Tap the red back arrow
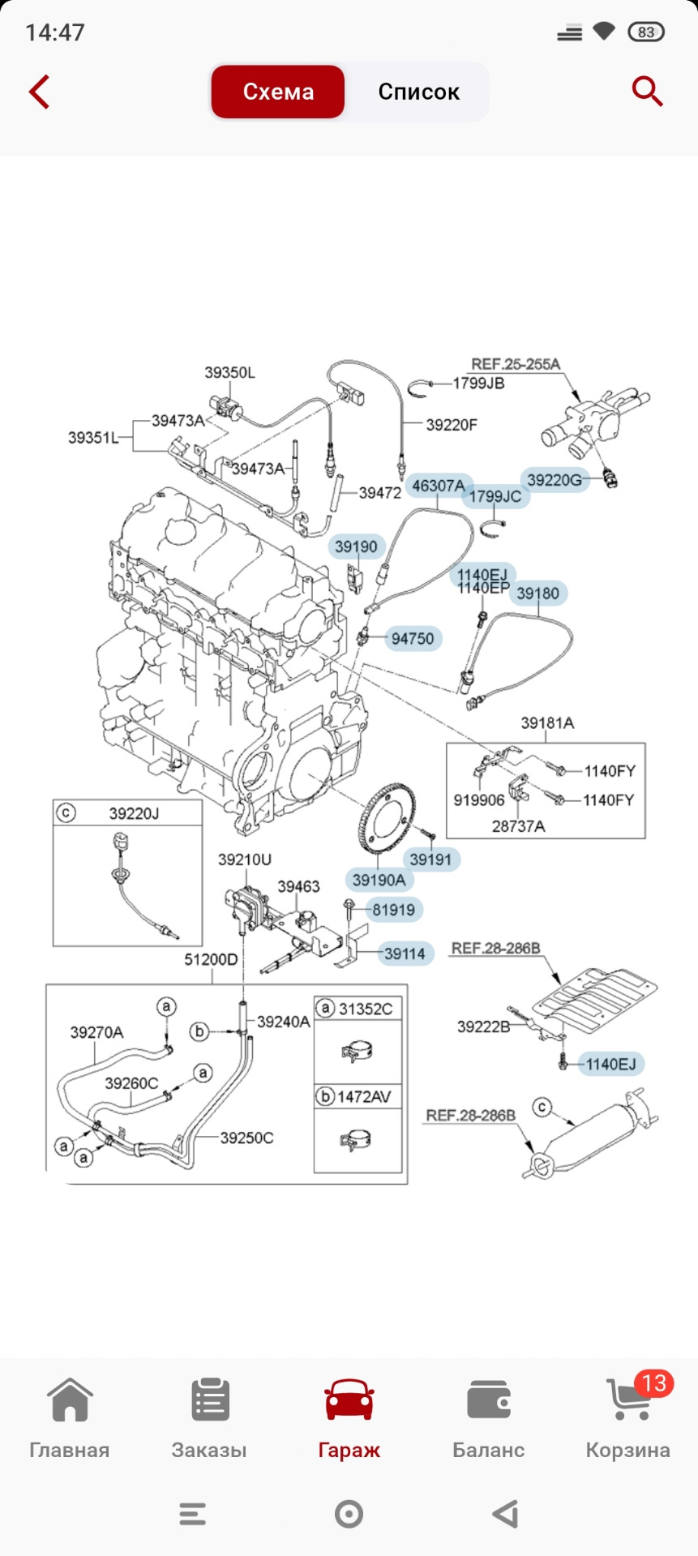(x=39, y=92)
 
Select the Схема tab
(x=278, y=92)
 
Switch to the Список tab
(x=418, y=92)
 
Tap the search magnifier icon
(x=646, y=92)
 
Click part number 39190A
(x=379, y=880)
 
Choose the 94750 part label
(x=413, y=639)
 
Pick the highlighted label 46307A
(x=439, y=486)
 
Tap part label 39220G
(x=555, y=480)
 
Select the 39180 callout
(x=538, y=594)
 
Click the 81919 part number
(x=394, y=910)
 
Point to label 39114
(x=405, y=954)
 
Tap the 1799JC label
(x=495, y=496)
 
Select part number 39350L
(x=229, y=373)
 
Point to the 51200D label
(x=211, y=960)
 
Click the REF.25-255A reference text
(x=516, y=365)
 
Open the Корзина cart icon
(x=628, y=1400)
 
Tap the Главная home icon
(x=70, y=1400)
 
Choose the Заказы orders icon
(x=210, y=1400)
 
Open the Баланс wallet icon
(x=488, y=1400)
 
